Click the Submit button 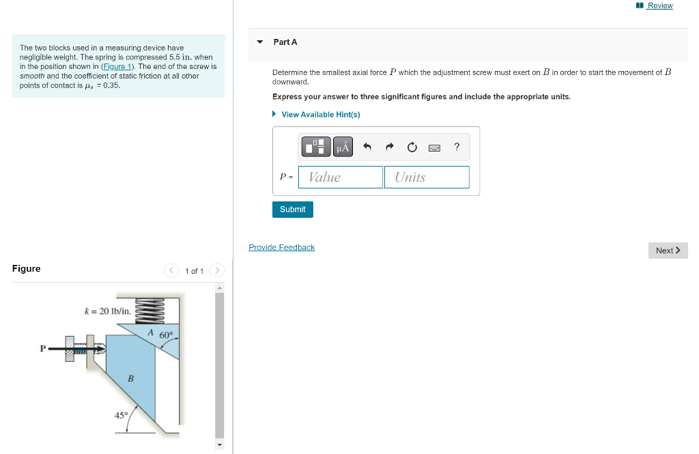(x=292, y=210)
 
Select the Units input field (x=427, y=178)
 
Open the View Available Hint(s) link (x=320, y=115)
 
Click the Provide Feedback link (x=281, y=247)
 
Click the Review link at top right (x=659, y=5)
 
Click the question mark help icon (x=457, y=147)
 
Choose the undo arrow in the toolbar (x=367, y=147)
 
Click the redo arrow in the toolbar (x=390, y=147)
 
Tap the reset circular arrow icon (x=412, y=147)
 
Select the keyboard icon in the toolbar (x=434, y=147)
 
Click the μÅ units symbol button (x=343, y=147)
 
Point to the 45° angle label (x=121, y=414)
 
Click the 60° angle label (x=167, y=335)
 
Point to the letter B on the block (x=130, y=378)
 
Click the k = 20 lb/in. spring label (x=107, y=311)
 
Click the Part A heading (x=285, y=42)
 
